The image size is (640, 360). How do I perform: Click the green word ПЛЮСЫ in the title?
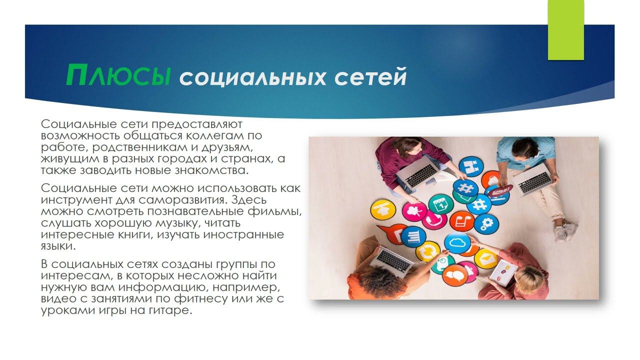[118, 75]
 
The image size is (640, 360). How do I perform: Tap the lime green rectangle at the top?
[566, 30]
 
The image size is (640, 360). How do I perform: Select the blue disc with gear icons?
[486, 223]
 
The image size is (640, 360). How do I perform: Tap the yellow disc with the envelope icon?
[485, 258]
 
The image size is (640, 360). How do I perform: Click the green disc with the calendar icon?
[440, 204]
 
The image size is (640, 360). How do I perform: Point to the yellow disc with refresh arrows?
[427, 251]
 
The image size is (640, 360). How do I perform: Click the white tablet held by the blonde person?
[502, 273]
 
